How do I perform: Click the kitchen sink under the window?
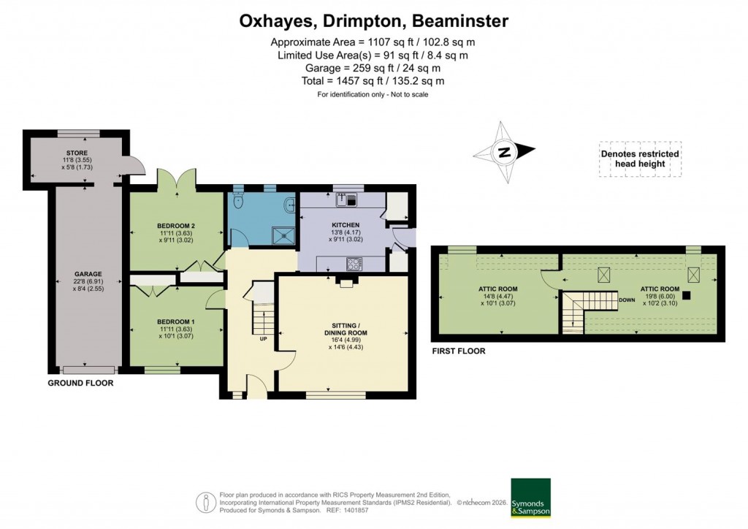pos(346,197)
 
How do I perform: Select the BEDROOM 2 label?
pos(176,225)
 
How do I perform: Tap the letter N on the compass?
pos(503,153)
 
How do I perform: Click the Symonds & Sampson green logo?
pos(530,498)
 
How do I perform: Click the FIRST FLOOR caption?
pos(458,351)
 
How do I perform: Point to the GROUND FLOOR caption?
pos(80,382)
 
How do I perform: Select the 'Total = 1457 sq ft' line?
pos(373,81)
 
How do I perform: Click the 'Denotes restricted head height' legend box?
pos(640,159)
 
